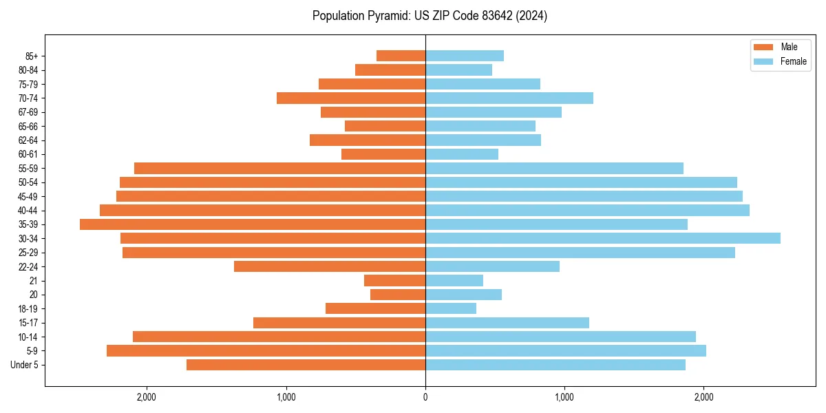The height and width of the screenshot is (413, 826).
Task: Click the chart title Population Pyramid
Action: (x=430, y=16)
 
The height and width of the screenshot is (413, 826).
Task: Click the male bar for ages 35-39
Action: (x=253, y=224)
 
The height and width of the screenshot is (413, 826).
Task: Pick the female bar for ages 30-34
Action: (x=603, y=238)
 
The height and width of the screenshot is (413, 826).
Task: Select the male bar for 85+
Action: (x=401, y=56)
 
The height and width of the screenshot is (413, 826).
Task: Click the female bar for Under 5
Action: (x=555, y=365)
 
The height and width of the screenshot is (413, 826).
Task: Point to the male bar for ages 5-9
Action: (x=266, y=351)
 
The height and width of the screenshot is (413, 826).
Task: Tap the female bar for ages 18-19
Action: (x=451, y=308)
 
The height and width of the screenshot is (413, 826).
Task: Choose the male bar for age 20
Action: (x=398, y=295)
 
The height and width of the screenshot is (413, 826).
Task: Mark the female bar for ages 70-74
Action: (x=509, y=98)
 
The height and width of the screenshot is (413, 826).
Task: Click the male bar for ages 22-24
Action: (x=330, y=266)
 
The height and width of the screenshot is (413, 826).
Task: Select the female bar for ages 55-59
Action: (x=554, y=168)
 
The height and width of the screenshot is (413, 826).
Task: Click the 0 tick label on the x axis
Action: (x=425, y=397)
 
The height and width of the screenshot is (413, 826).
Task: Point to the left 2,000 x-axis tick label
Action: (x=147, y=397)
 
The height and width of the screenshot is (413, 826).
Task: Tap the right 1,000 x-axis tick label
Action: (x=564, y=397)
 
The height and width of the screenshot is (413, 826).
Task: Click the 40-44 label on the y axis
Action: (x=28, y=211)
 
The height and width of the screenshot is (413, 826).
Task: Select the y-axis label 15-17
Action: (x=28, y=323)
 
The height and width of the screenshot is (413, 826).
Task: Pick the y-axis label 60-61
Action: (x=28, y=154)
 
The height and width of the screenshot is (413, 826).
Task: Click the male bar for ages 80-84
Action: (x=390, y=70)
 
